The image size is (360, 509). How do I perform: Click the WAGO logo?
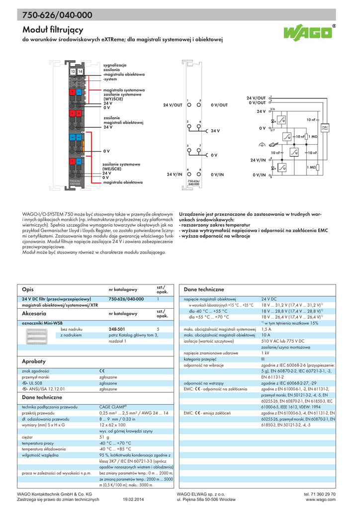click(x=309, y=33)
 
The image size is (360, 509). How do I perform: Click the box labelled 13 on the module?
click(x=73, y=72)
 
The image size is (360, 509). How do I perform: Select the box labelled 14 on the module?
click(x=80, y=72)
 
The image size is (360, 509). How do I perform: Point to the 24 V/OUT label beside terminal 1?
click(x=173, y=105)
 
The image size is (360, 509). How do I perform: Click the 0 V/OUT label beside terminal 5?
click(x=219, y=105)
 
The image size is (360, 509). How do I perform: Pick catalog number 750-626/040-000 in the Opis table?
click(x=126, y=299)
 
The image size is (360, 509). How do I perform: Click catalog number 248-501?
click(x=117, y=329)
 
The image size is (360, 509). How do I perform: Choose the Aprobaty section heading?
click(x=34, y=361)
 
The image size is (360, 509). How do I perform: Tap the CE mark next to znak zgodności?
click(x=102, y=371)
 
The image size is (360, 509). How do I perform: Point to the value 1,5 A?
click(x=267, y=329)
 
